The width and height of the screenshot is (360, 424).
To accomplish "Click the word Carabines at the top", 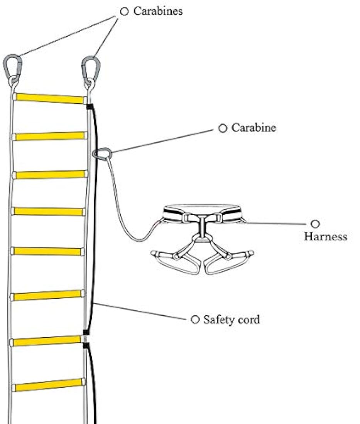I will pos(158,11).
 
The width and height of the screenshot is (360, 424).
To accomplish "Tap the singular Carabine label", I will pos(254,128).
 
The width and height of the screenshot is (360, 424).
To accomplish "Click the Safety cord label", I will pos(231,320).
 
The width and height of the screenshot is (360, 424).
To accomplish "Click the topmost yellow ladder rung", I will pos(49,98).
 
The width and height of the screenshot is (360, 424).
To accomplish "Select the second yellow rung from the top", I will pos(49,136).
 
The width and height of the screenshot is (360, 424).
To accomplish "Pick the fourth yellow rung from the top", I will pos(49,211).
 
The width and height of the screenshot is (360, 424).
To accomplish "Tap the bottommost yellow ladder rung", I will pos(49,385).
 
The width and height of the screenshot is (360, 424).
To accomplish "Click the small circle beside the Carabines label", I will pos(124,12).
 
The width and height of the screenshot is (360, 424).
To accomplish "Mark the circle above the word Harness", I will pos(315,224).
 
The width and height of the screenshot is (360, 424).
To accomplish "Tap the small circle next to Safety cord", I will pos(195,319).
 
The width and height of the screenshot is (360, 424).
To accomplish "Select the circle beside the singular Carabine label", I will pos(223,128).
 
